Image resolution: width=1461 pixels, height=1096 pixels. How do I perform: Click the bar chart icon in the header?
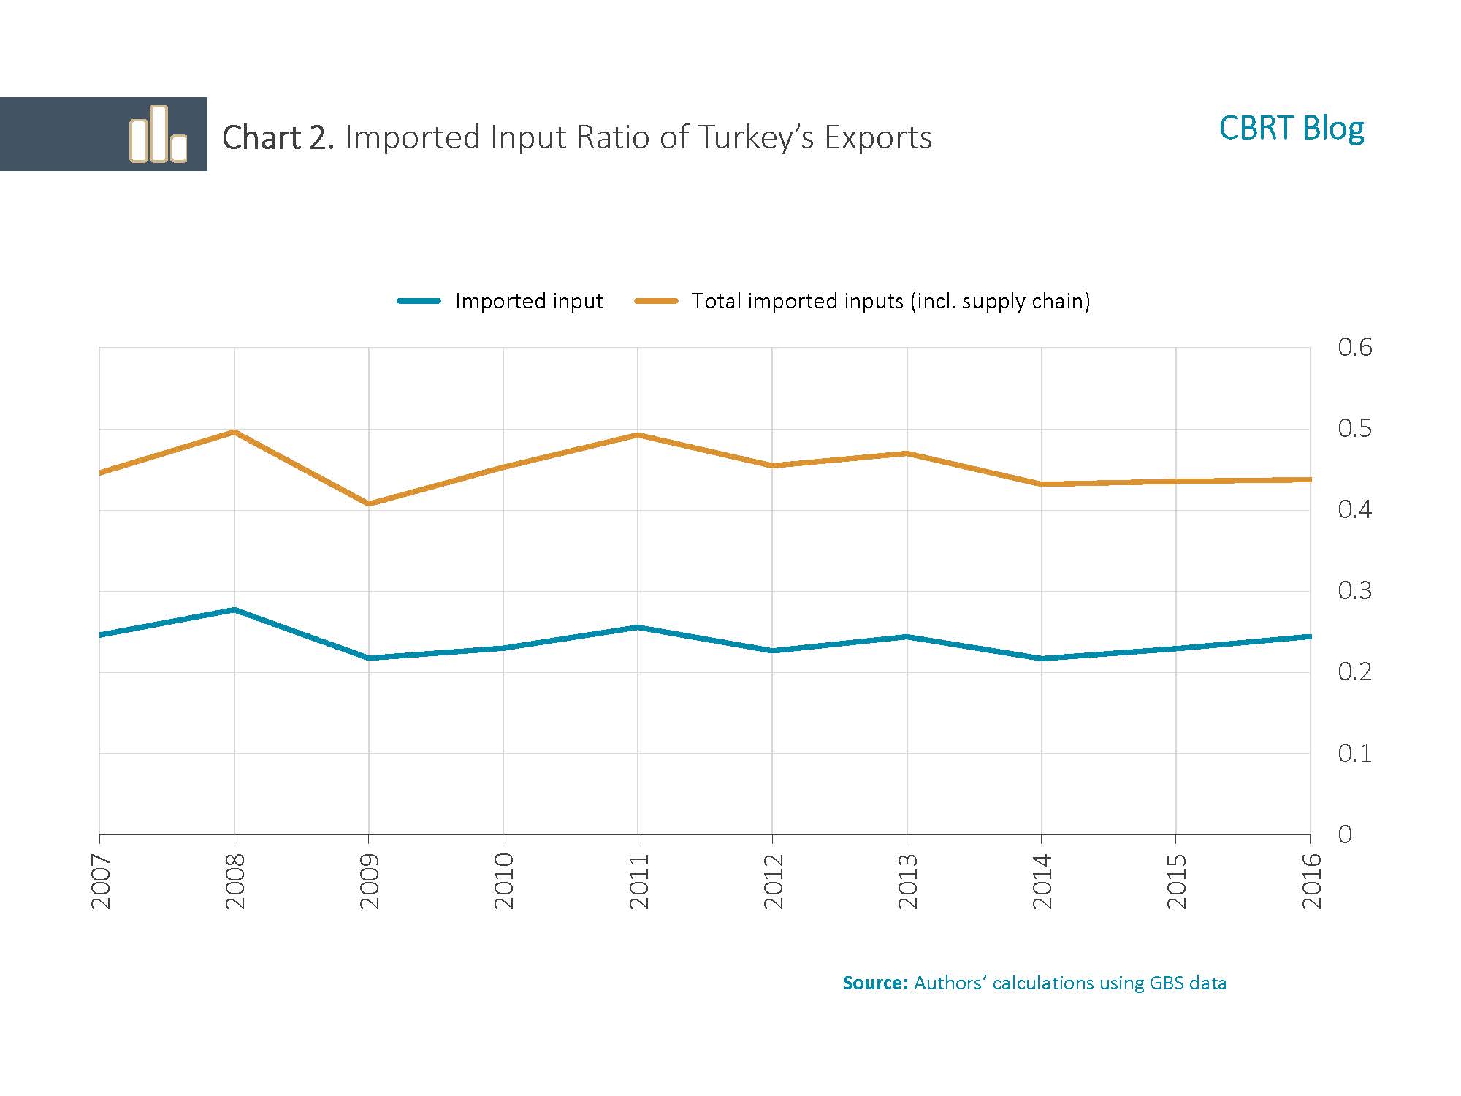coord(158,134)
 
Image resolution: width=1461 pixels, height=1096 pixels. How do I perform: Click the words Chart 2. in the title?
coord(278,137)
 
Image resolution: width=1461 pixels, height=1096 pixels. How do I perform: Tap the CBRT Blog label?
coord(1291,129)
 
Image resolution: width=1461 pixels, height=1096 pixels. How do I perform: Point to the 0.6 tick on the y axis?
coord(1354,347)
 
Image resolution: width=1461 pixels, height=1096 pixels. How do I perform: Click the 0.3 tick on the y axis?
coord(1354,590)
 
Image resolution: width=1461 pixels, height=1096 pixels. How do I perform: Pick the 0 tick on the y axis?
coord(1345,834)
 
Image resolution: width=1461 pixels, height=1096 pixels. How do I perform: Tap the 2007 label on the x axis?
coord(101,881)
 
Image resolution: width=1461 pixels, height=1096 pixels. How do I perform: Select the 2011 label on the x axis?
coord(639,881)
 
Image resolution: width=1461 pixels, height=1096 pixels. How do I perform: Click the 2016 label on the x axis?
coord(1312,881)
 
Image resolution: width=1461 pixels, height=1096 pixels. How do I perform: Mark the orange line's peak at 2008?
coord(234,432)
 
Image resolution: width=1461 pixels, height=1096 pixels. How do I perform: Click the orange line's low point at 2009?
coord(369,503)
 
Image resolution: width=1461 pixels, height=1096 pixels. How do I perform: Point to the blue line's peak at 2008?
coord(234,609)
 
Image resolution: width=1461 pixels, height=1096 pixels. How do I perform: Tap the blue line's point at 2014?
coord(1042,658)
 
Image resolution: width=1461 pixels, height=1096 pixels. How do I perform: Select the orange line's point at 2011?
coord(638,435)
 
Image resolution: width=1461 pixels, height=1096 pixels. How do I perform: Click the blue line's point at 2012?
coord(772,650)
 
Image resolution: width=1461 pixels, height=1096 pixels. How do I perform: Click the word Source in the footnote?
coord(874,983)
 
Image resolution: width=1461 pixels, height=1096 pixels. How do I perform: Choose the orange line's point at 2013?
coord(907,454)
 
